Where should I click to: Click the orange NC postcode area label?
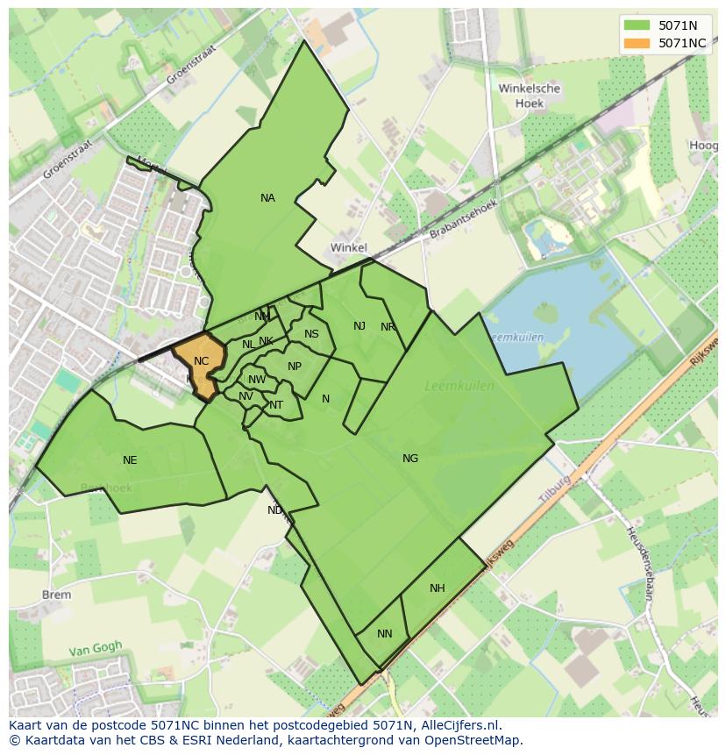coord(201,361)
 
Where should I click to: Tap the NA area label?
coord(267,198)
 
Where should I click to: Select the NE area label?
coord(130,460)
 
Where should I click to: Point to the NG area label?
coord(410,459)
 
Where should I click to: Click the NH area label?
coord(438,588)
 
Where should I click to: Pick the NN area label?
coord(385,634)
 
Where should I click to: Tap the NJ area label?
coord(359,326)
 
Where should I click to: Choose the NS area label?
coord(311,334)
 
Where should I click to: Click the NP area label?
coord(295,367)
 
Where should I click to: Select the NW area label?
coord(257,380)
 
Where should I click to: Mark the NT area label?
coord(276,405)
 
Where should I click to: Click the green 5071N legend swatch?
coord(637,25)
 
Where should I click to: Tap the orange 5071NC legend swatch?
coord(637,43)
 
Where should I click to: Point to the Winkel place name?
coord(348,248)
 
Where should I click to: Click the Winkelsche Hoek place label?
coord(529,96)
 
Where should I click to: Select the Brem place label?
coord(56,595)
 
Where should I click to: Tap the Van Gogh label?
coord(96,650)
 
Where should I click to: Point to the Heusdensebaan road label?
coord(640,561)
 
